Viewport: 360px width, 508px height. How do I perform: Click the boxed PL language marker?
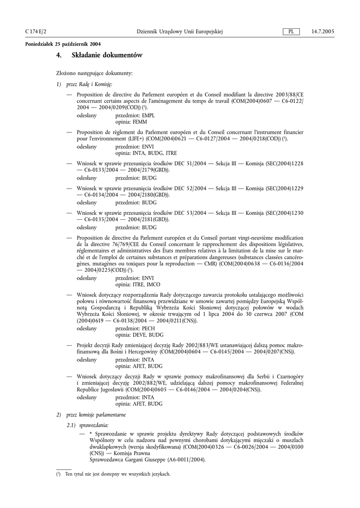[291, 32]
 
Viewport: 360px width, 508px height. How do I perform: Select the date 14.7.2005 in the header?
[323, 32]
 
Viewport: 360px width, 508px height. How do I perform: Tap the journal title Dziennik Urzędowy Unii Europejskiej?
[180, 32]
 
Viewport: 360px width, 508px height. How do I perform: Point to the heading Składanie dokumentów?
[107, 56]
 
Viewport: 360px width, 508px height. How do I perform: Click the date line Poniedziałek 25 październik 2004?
[59, 45]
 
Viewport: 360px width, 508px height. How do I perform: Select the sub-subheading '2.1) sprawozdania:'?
[87, 425]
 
